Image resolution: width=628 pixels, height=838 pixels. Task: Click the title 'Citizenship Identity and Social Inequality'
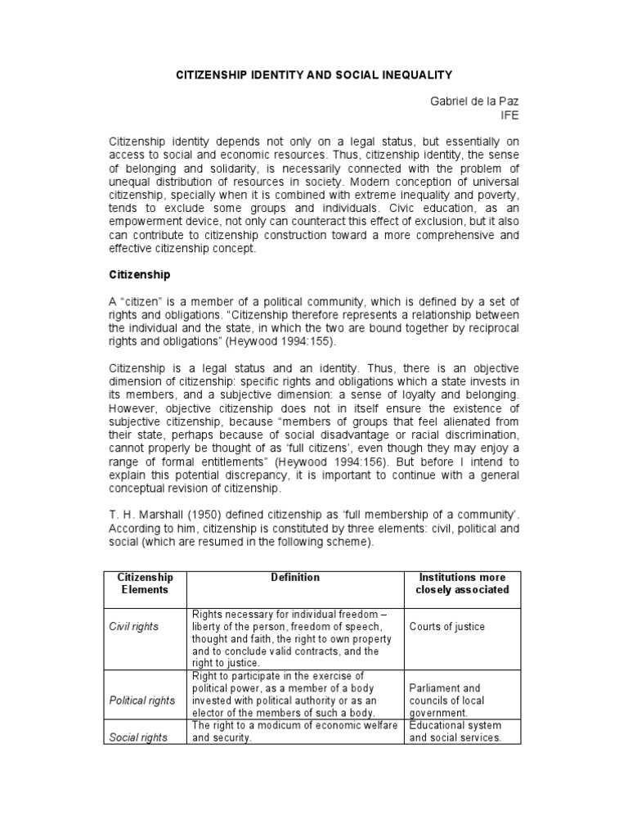tap(315, 74)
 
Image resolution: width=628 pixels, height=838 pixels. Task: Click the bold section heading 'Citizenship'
tap(141, 277)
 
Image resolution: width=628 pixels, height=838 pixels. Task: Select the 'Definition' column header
tap(295, 578)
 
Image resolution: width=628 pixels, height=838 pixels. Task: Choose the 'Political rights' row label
tap(142, 701)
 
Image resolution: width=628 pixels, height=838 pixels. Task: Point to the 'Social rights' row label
tap(138, 737)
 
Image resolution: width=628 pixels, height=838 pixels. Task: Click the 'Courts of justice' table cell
tap(447, 627)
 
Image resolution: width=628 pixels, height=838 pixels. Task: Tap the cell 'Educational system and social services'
tap(455, 732)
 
